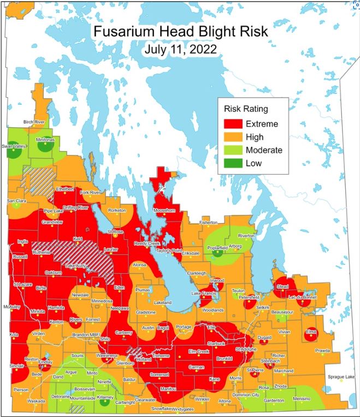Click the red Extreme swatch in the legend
232,124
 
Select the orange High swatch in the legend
232,137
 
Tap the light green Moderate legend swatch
232,150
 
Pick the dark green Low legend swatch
232,163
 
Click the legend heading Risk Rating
246,109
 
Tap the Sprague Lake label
341,377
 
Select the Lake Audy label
76,265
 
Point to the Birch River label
34,122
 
